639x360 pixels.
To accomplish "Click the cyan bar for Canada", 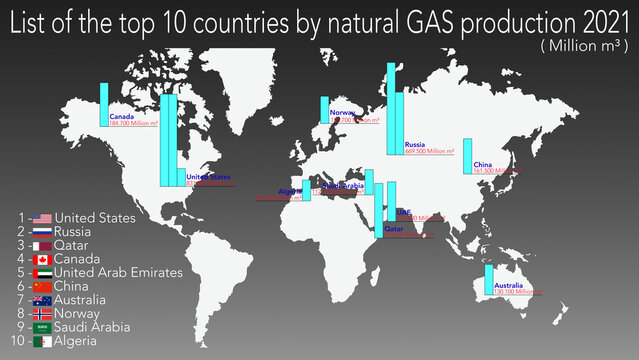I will pos(103,104).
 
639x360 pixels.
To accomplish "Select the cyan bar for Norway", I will pos(325,109).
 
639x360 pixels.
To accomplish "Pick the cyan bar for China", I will pos(467,155).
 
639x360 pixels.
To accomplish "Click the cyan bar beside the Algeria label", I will pos(306,190).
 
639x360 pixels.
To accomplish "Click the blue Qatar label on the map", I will pos(394,229).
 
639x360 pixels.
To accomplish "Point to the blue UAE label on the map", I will pos(403,212).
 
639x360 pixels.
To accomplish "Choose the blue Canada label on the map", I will pos(121,115).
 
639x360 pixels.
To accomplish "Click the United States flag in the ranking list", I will pos(42,217).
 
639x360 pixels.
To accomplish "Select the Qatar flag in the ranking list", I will pos(42,245).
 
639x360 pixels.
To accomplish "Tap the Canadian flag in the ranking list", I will pos(42,259).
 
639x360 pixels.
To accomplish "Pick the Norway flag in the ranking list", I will pos(42,313).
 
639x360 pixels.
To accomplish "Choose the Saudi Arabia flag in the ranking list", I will pos(42,327).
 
